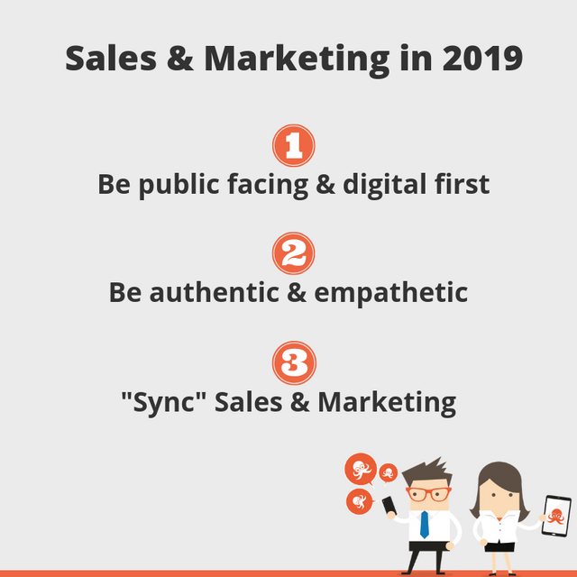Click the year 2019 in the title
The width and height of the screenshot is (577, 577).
[x=482, y=58]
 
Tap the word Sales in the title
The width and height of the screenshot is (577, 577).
[x=111, y=58]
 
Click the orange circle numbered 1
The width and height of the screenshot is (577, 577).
[x=294, y=145]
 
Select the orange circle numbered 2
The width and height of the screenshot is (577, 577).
[x=294, y=253]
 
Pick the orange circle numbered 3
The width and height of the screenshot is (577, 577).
[x=294, y=362]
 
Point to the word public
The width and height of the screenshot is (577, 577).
[x=179, y=184]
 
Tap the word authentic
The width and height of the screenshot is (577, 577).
[x=214, y=292]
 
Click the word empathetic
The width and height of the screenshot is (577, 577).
[x=391, y=293]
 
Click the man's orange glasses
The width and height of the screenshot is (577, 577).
[x=429, y=493]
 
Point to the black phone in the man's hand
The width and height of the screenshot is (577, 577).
[x=389, y=506]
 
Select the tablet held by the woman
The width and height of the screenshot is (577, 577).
[x=556, y=516]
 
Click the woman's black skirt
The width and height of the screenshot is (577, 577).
[x=499, y=547]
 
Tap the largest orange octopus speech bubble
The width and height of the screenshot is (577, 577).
[x=361, y=469]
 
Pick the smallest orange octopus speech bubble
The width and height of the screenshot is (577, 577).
[x=389, y=472]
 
